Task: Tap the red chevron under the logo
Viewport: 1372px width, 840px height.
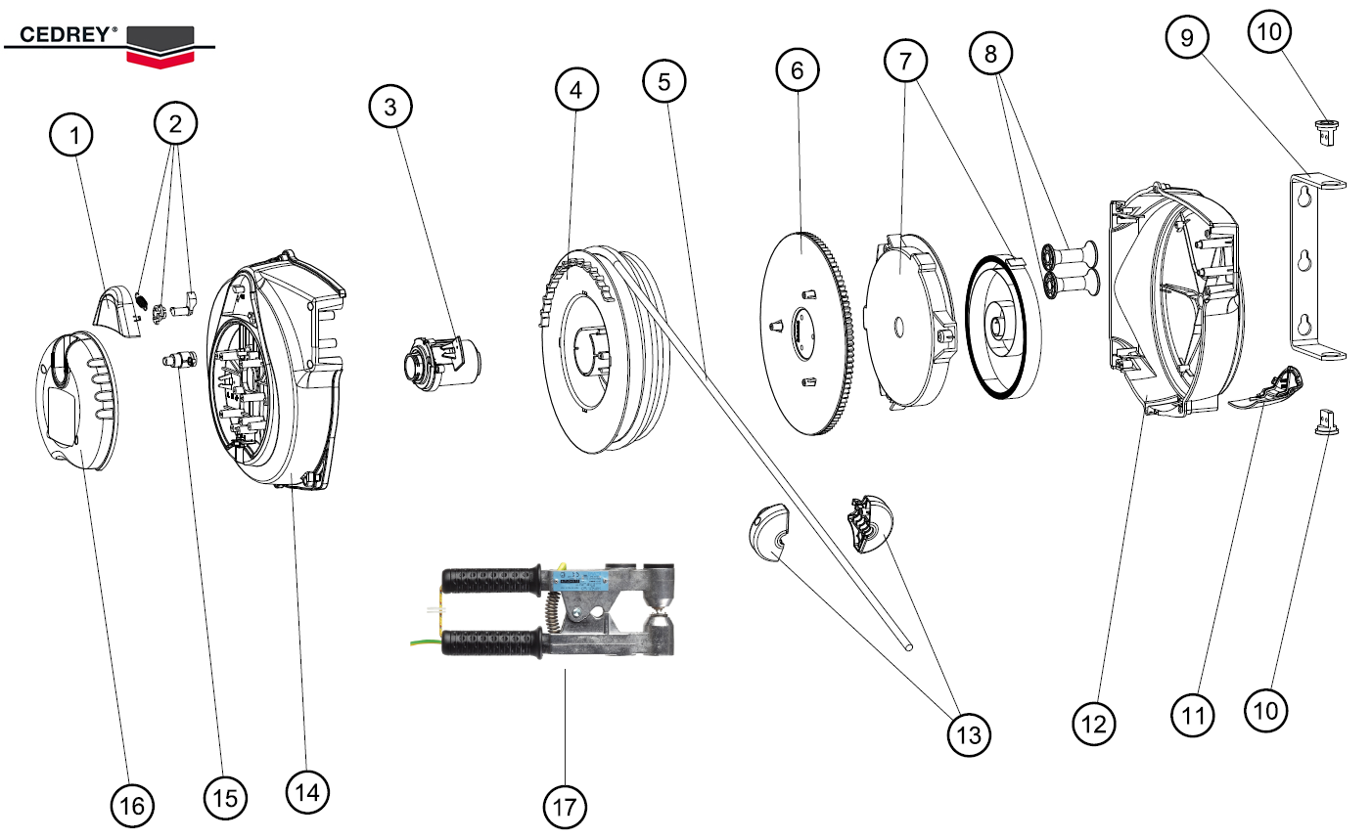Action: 159,58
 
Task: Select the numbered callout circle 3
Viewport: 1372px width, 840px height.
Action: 390,106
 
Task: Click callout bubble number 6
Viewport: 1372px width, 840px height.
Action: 798,69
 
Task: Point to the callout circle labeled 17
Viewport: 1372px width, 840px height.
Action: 565,807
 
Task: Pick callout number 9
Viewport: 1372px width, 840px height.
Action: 1187,37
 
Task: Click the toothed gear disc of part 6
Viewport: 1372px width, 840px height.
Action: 804,332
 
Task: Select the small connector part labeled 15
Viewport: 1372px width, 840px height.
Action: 178,361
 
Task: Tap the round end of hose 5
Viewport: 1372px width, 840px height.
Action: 909,645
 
